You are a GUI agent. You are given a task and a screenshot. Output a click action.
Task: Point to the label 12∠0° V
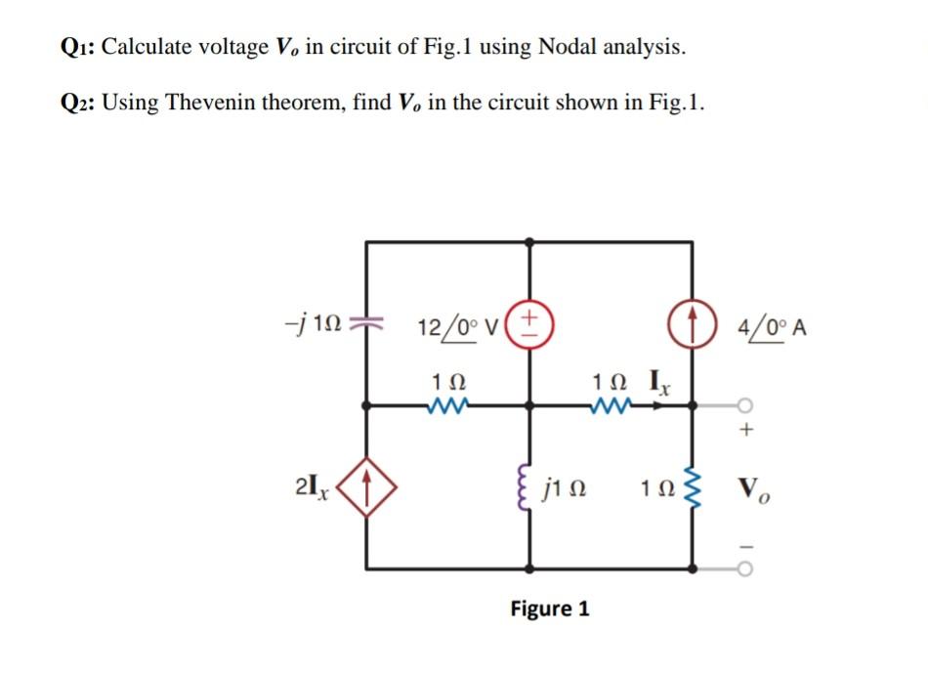pos(458,324)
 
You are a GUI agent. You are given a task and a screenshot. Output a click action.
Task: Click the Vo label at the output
pos(753,485)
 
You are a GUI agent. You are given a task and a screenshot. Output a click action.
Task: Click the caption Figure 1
pos(550,610)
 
